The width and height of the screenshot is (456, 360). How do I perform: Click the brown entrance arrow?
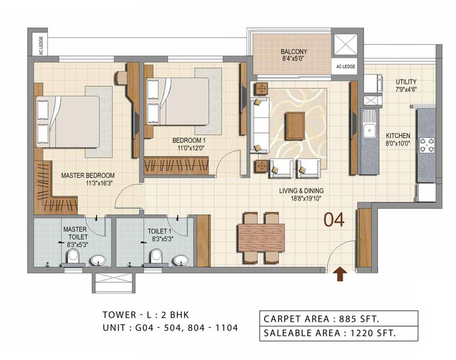click(x=340, y=274)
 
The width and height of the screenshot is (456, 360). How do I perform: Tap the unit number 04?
click(x=334, y=220)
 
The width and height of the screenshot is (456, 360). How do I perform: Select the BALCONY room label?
click(x=294, y=52)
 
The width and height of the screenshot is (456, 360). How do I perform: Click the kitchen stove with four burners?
click(x=427, y=146)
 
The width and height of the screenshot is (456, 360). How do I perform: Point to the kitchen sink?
click(x=369, y=130)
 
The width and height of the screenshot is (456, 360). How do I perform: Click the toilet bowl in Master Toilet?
click(x=73, y=257)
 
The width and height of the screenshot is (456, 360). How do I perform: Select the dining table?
click(x=261, y=238)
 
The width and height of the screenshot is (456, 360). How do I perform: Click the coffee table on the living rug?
click(x=295, y=126)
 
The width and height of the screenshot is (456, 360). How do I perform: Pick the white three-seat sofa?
click(x=259, y=125)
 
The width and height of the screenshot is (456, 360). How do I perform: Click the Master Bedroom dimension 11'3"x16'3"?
click(x=99, y=183)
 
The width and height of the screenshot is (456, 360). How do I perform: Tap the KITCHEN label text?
click(x=398, y=136)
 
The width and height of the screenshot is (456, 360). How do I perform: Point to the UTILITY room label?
click(x=406, y=82)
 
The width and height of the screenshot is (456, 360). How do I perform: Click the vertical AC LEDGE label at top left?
click(x=42, y=45)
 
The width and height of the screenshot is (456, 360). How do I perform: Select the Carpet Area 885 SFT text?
click(x=321, y=318)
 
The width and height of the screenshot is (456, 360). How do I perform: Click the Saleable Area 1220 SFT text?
click(x=330, y=333)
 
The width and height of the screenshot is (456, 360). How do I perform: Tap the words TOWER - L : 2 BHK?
click(x=146, y=315)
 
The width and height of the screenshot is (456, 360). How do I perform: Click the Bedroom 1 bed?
click(x=177, y=101)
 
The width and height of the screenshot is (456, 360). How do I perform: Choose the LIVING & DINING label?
click(x=301, y=191)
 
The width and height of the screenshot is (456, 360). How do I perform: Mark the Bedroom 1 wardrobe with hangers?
click(x=177, y=166)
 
